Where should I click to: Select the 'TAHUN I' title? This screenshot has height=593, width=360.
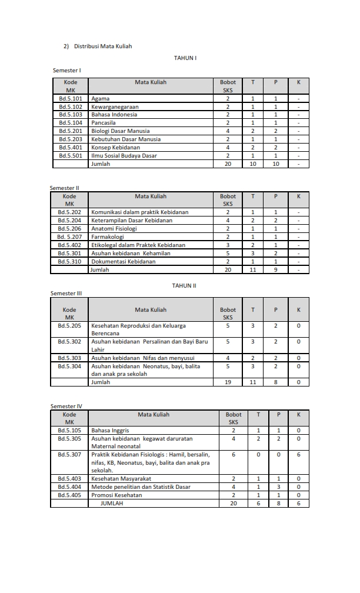(x=185, y=58)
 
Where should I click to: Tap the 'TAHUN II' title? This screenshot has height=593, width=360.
(x=184, y=285)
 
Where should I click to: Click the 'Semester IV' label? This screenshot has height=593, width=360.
(x=66, y=406)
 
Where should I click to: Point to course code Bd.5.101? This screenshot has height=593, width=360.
(x=71, y=98)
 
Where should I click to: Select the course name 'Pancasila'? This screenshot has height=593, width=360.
(x=104, y=123)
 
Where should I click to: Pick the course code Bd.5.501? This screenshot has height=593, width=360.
(x=71, y=156)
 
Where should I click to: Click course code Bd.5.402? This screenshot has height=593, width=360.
(x=69, y=245)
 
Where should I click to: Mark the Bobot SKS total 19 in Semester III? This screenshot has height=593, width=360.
(x=228, y=382)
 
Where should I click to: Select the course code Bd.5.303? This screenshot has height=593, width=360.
(x=69, y=358)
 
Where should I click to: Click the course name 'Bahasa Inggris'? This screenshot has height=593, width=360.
(x=110, y=430)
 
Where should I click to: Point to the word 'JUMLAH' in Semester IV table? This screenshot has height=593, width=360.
(x=112, y=504)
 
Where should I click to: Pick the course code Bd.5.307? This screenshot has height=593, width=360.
(x=69, y=454)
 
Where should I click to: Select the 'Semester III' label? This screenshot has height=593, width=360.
(x=66, y=293)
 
